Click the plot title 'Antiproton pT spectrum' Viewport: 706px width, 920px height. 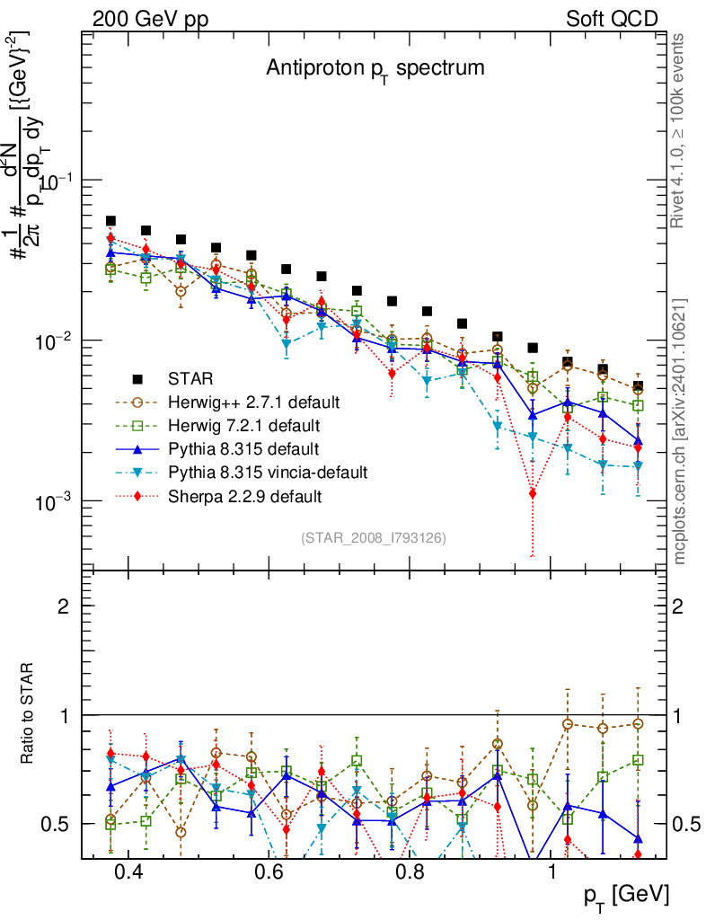(375, 68)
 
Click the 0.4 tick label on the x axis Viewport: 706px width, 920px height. (128, 873)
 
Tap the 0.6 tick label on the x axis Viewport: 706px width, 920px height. (269, 873)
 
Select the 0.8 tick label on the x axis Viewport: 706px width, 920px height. (410, 873)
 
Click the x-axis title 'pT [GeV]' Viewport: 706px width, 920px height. (627, 895)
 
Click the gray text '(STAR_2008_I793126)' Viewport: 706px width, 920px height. (375, 537)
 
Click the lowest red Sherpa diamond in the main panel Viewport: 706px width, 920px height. (533, 493)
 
